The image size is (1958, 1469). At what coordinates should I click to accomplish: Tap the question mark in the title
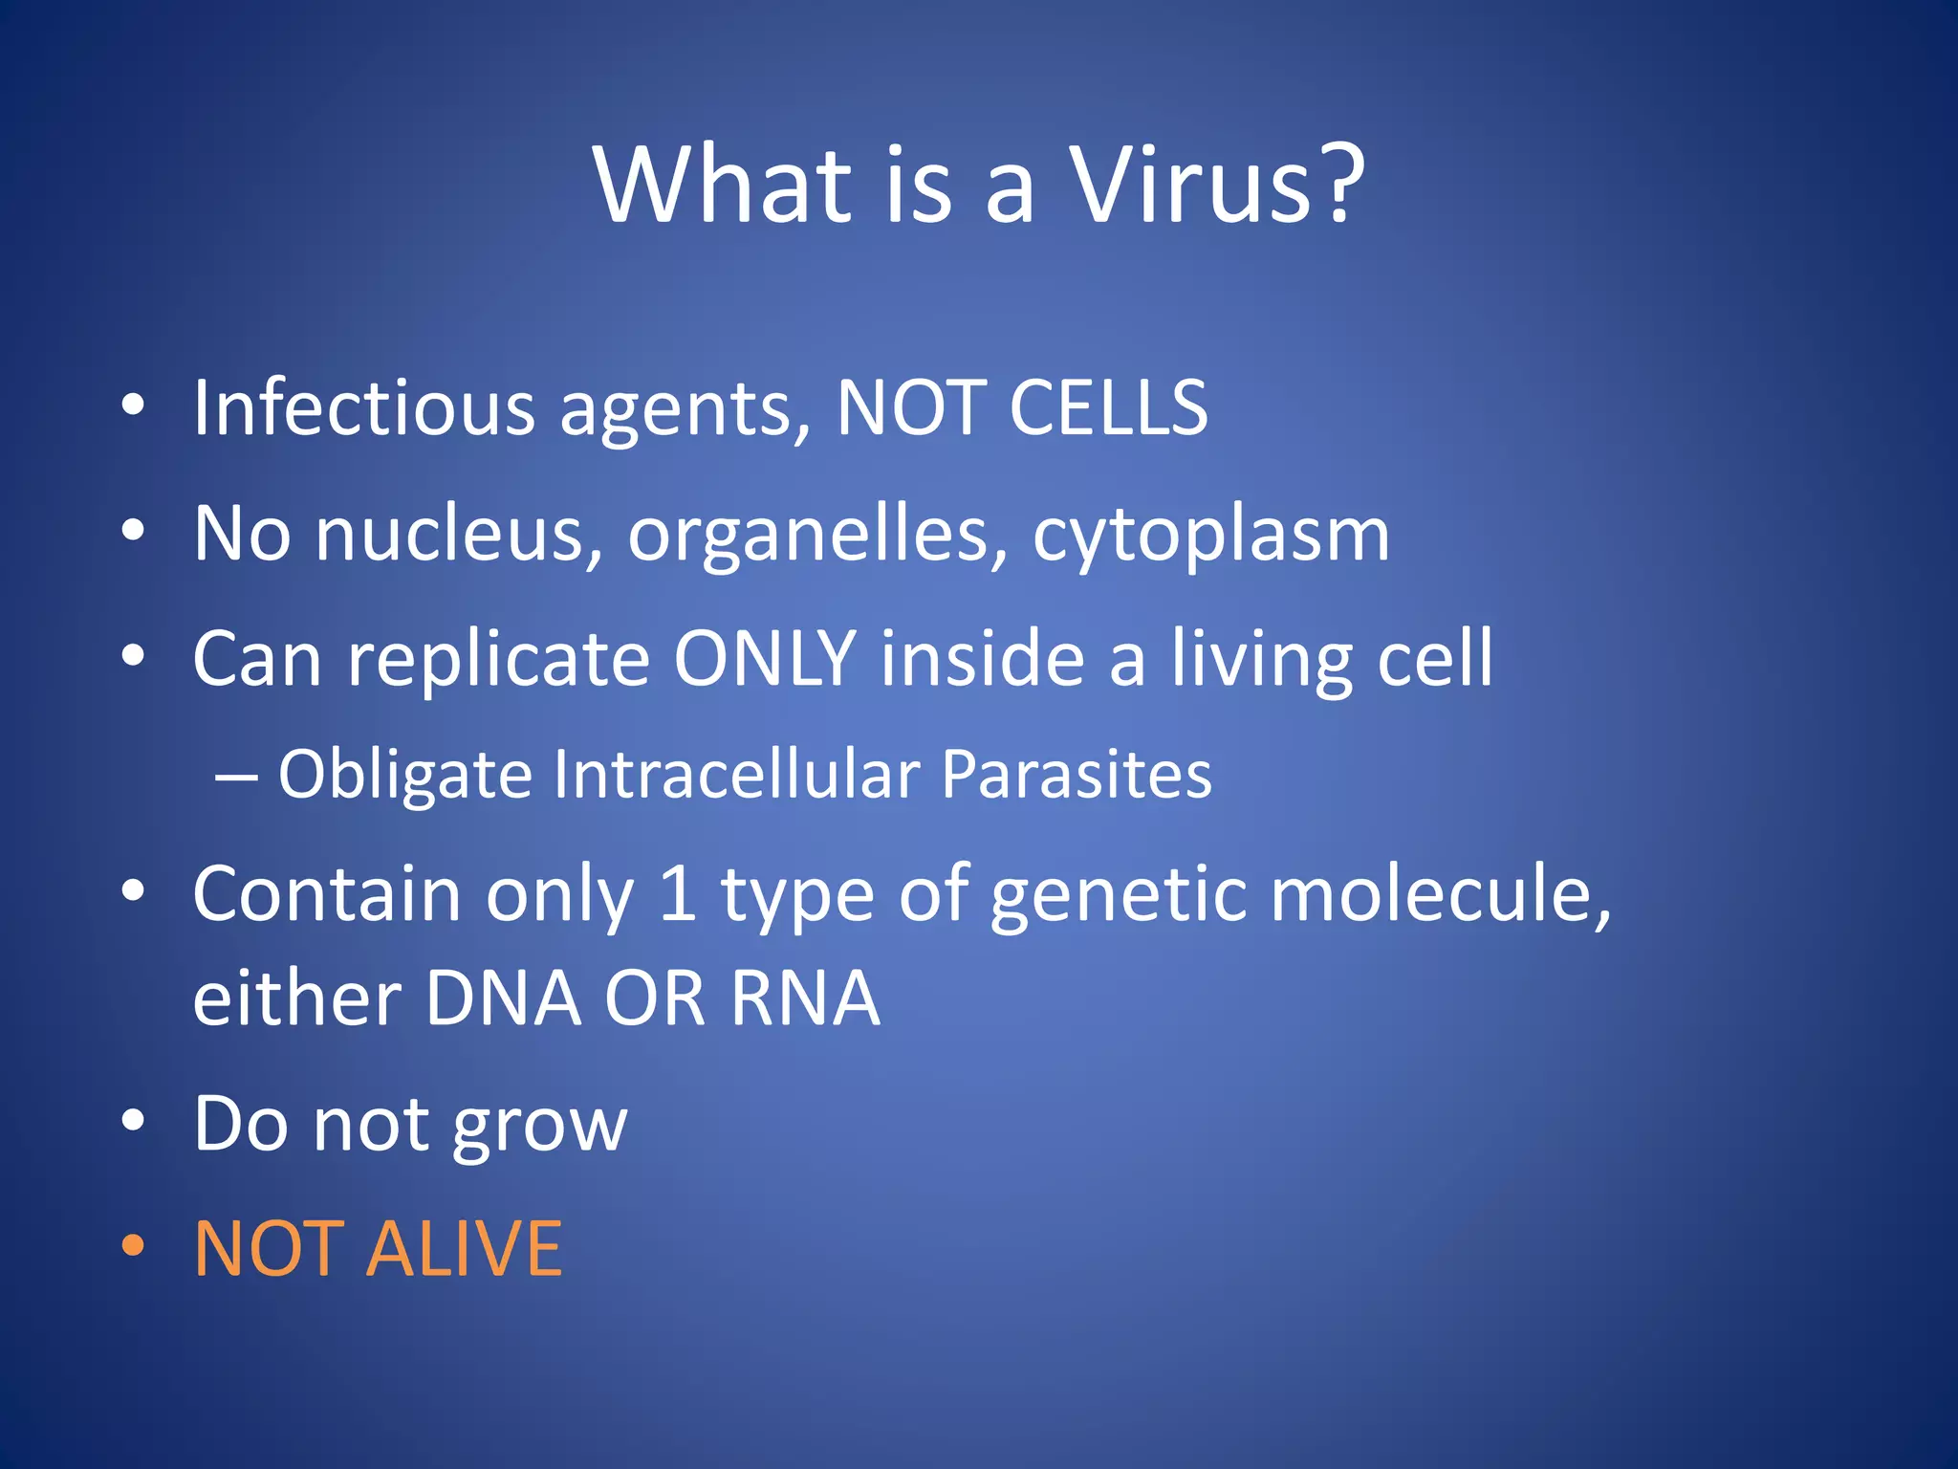[x=1333, y=182]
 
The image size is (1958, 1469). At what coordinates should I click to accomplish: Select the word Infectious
[x=363, y=408]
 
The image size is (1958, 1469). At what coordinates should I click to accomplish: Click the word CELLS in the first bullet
[x=1108, y=408]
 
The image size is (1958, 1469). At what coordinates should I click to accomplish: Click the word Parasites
[x=1077, y=774]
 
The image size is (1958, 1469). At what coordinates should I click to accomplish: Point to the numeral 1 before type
[x=678, y=893]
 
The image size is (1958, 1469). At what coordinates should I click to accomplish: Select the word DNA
[x=503, y=998]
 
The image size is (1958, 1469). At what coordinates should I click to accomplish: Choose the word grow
[x=539, y=1127]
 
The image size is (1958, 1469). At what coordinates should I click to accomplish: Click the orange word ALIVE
[x=465, y=1249]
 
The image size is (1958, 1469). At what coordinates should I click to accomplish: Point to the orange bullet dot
[x=133, y=1245]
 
